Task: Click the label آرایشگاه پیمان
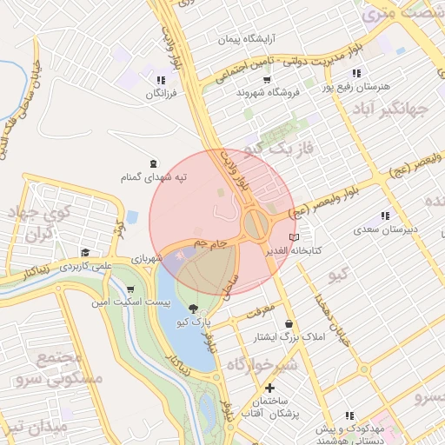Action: [246, 40]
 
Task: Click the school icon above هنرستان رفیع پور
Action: [355, 73]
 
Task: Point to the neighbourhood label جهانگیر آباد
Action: [393, 110]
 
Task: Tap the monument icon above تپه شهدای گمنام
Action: [154, 163]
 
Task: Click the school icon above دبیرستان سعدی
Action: [385, 216]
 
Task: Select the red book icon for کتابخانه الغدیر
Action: [294, 236]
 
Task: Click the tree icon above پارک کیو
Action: [192, 308]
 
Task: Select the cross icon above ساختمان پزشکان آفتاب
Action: [270, 387]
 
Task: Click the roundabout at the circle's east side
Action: [256, 224]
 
